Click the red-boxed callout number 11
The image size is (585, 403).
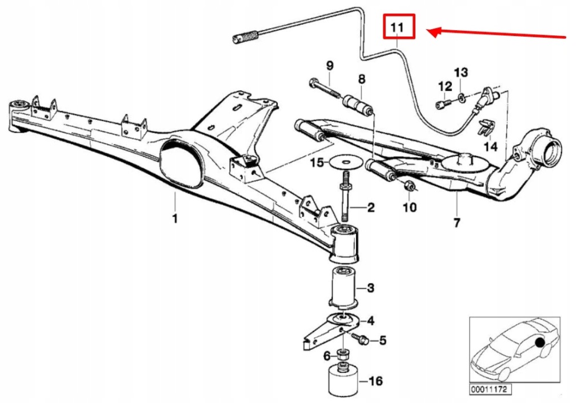[398, 27]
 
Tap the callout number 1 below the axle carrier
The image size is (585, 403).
[175, 218]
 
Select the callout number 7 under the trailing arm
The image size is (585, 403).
[456, 223]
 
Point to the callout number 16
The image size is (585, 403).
[376, 381]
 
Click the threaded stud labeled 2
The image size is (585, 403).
[346, 203]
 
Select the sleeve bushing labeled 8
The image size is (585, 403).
[357, 104]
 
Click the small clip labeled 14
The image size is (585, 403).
[485, 129]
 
